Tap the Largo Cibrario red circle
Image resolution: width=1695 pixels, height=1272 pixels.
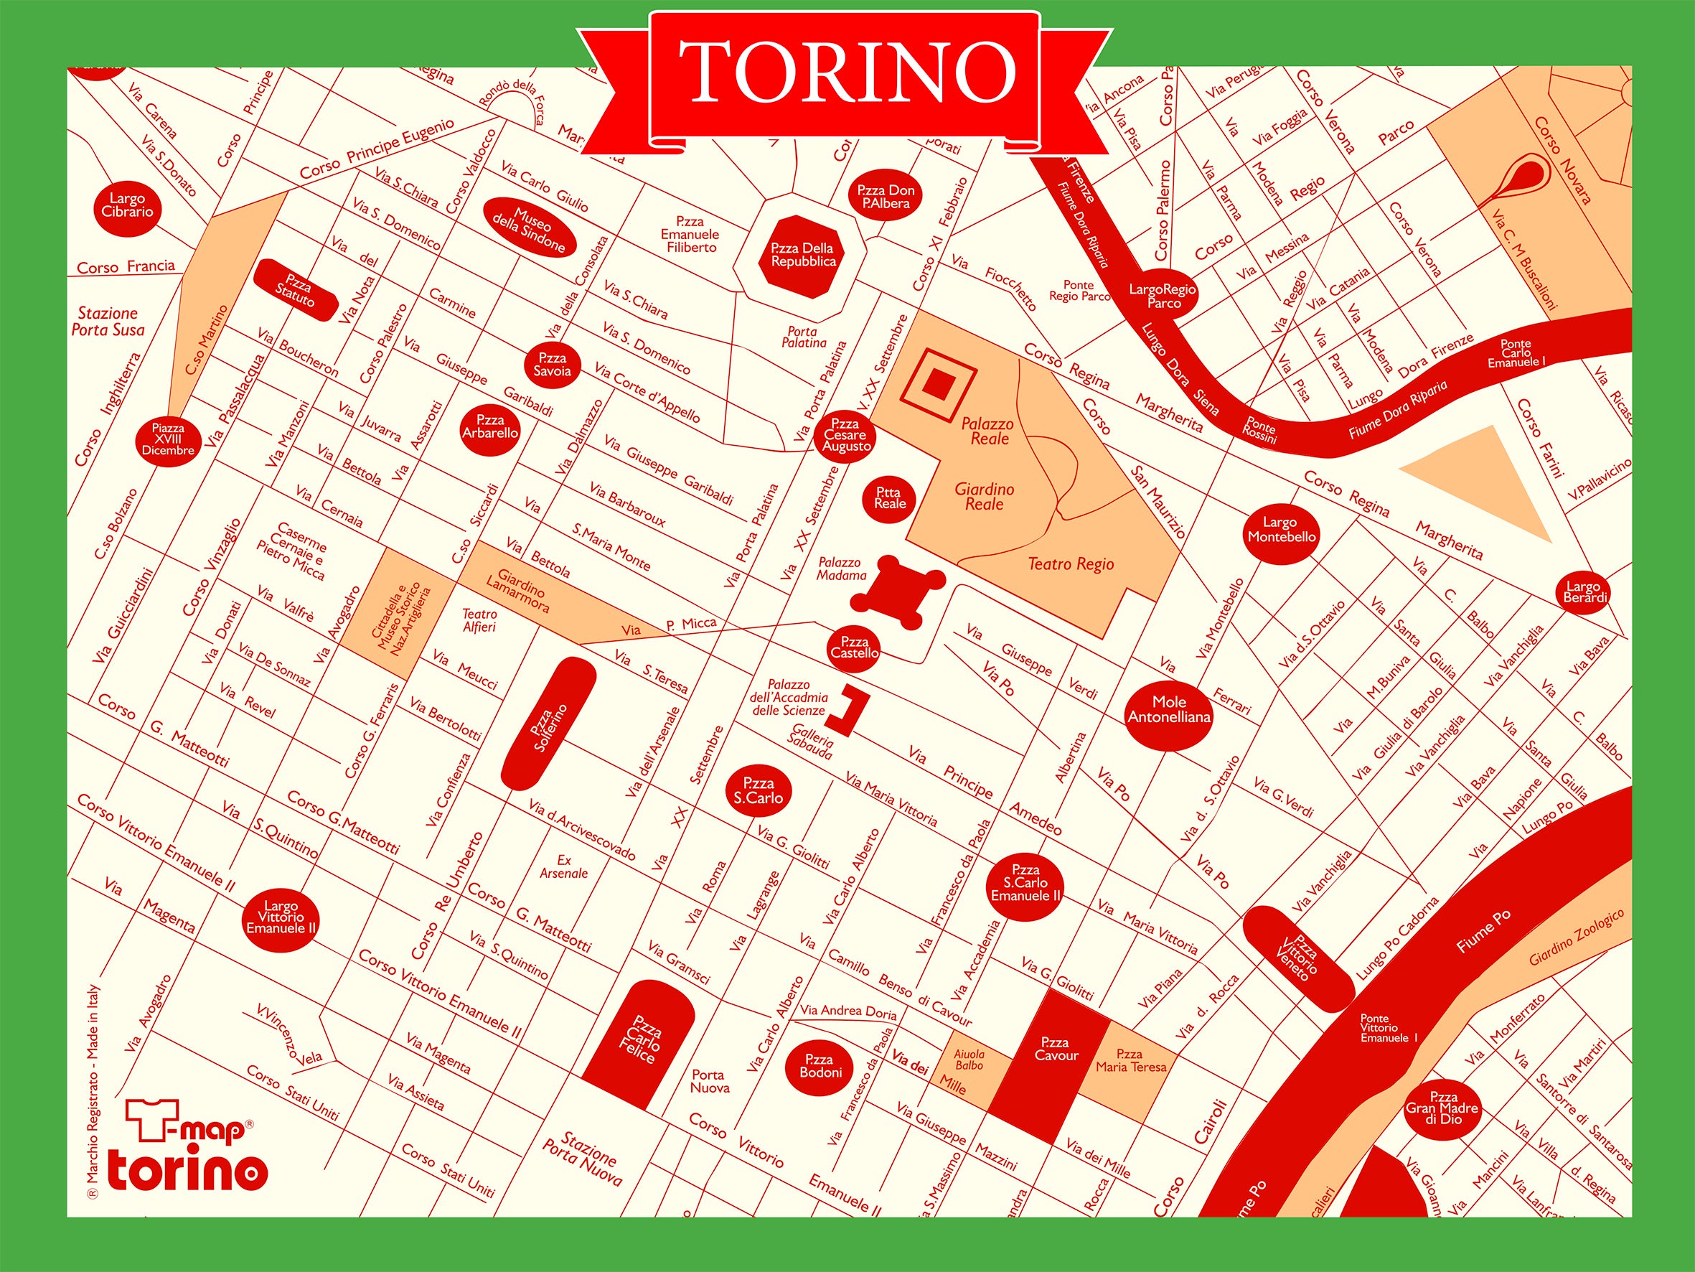pyautogui.click(x=127, y=205)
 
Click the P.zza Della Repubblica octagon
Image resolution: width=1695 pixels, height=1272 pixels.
pyautogui.click(x=802, y=256)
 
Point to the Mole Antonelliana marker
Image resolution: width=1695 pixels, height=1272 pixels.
pyautogui.click(x=1168, y=710)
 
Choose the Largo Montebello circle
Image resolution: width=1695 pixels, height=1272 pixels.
pyautogui.click(x=1281, y=530)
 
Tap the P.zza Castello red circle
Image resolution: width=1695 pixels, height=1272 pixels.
pyautogui.click(x=855, y=648)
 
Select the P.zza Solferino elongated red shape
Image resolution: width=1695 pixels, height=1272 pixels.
pyautogui.click(x=549, y=723)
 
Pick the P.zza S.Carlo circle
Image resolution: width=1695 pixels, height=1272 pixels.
pyautogui.click(x=758, y=790)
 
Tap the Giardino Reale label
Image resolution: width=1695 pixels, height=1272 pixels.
pyautogui.click(x=984, y=496)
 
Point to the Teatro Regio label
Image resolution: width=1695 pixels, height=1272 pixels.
pyautogui.click(x=1071, y=564)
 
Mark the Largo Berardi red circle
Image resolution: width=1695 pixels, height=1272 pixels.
pyautogui.click(x=1584, y=592)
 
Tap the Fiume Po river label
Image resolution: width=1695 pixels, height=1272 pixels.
pyautogui.click(x=1483, y=932)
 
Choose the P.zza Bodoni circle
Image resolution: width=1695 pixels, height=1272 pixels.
pyautogui.click(x=820, y=1066)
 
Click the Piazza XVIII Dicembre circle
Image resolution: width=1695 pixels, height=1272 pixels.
pyautogui.click(x=168, y=439)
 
